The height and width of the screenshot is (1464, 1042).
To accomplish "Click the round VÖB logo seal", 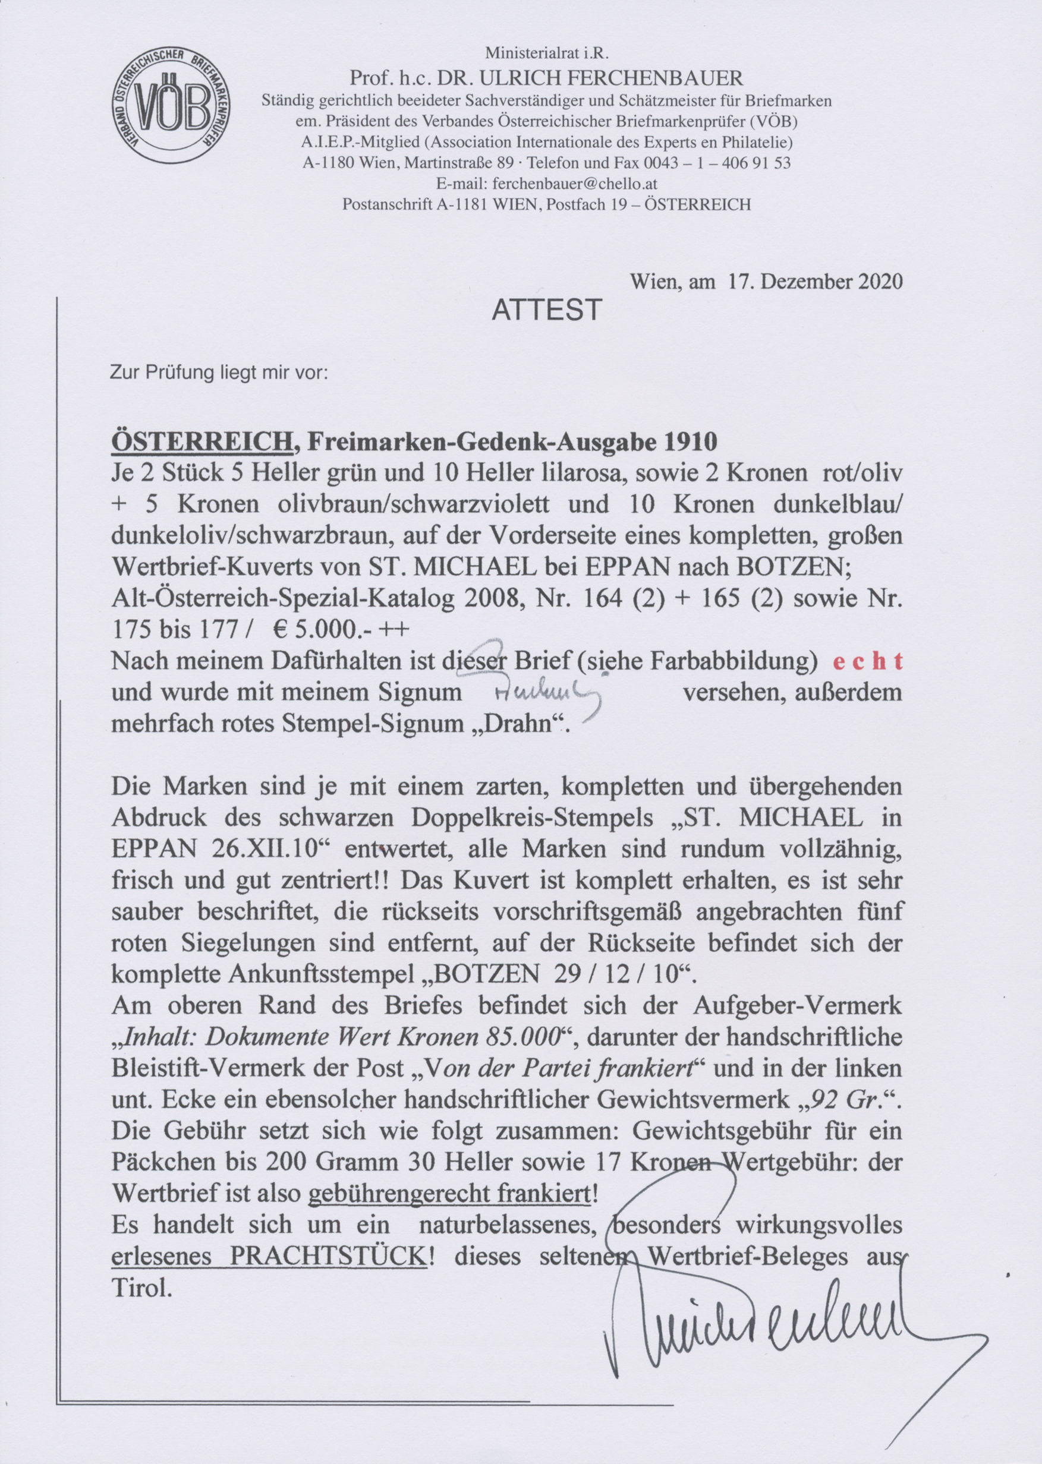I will (x=172, y=106).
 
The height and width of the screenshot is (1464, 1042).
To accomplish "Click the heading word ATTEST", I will (x=546, y=310).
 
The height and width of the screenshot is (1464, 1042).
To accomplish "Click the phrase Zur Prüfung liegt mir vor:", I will (x=219, y=373).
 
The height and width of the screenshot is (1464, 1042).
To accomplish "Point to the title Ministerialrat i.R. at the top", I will (x=546, y=53).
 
